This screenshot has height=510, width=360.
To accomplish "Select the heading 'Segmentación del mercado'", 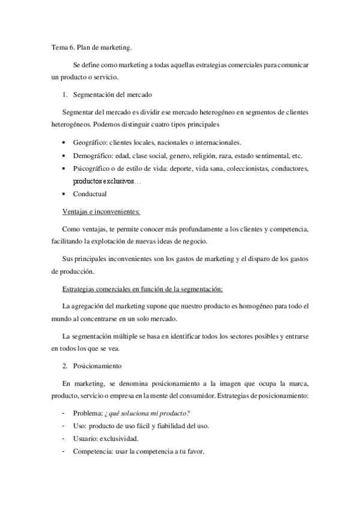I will click(x=112, y=95).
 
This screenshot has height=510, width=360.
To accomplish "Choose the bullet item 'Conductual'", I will click(x=90, y=194).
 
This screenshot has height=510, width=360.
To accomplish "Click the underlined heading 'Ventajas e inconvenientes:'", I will click(x=101, y=211).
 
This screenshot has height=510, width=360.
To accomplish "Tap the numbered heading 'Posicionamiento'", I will click(x=97, y=366).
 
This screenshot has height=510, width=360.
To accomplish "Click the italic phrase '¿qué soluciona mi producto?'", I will click(x=147, y=413).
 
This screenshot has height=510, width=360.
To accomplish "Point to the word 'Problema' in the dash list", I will click(x=86, y=413).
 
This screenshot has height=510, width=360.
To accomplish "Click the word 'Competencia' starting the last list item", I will click(x=91, y=452).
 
